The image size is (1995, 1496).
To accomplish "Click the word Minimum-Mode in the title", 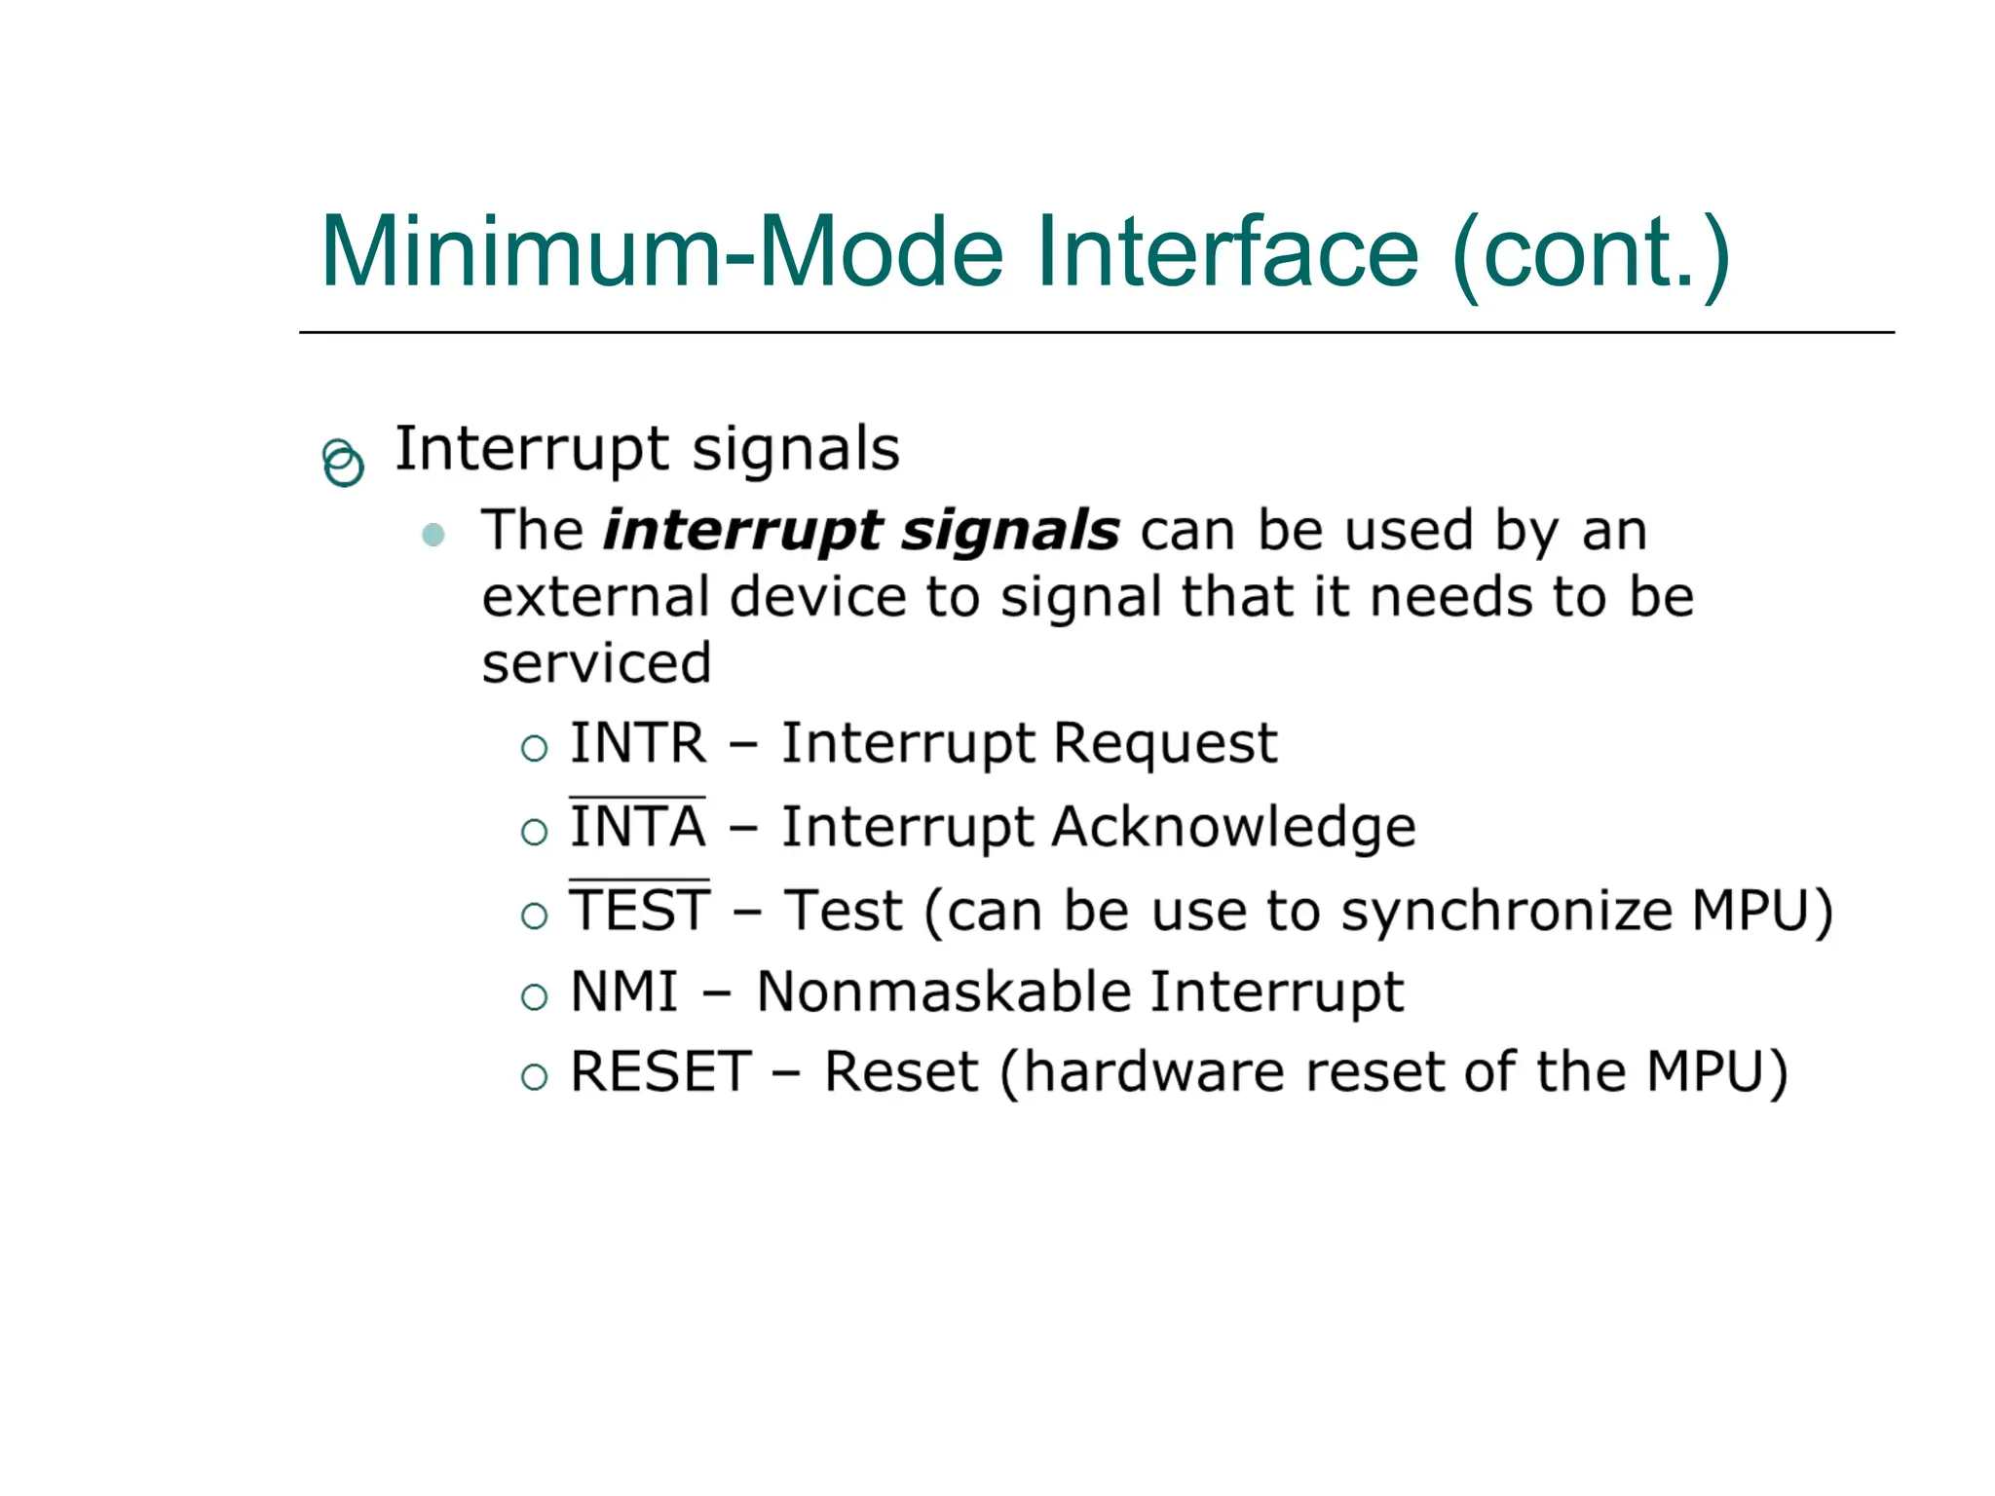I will [662, 253].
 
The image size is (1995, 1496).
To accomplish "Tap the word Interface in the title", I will [1227, 253].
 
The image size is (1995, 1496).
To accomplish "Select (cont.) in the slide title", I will [1591, 255].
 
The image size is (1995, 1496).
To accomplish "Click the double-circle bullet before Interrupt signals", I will [343, 463].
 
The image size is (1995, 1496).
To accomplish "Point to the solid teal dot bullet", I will [433, 535].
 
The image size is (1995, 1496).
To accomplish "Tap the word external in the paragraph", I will [596, 597].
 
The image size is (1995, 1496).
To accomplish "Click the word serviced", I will [596, 664].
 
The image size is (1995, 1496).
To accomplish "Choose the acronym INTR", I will [638, 744].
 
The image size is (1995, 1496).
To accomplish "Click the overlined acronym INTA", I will [638, 828].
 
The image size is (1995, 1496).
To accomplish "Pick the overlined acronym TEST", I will [640, 912].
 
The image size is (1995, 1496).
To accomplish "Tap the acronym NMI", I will [623, 992].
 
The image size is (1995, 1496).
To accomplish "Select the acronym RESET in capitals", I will [660, 1072].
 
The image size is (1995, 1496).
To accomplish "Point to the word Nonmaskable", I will [944, 992].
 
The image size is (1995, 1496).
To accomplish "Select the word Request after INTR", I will [1165, 744].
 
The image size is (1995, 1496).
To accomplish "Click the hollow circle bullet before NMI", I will [534, 997].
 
